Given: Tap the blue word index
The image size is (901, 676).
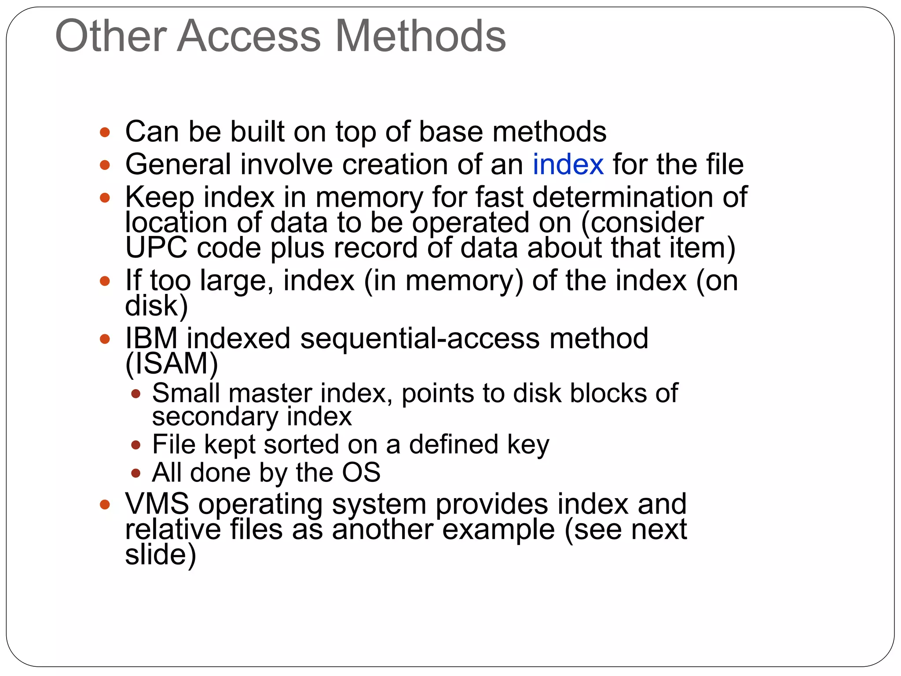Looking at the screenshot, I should coord(568,164).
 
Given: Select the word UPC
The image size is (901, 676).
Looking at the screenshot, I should coord(156,247).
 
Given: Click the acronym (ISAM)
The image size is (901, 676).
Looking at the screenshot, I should coord(172,364).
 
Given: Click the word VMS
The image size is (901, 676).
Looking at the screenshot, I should coord(157,503).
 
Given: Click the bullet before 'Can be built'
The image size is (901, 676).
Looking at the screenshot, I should coord(105,132).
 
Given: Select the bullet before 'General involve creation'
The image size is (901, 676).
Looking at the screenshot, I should coord(105,165).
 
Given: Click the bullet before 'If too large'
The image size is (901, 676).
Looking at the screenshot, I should coord(105,281).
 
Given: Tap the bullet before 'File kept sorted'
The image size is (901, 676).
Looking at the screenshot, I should coord(136,445).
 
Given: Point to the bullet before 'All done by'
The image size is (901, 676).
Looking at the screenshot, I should coord(136,474).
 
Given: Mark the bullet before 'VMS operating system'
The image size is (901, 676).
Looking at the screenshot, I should coord(105,504).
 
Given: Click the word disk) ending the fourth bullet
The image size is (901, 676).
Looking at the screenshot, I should coord(156,305).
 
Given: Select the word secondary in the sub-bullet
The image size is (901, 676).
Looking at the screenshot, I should coord(215,416).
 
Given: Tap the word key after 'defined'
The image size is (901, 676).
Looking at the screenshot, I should coord(528,445).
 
